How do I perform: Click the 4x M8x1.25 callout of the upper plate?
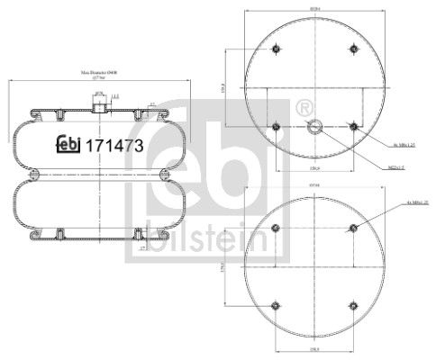pos(401,144)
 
